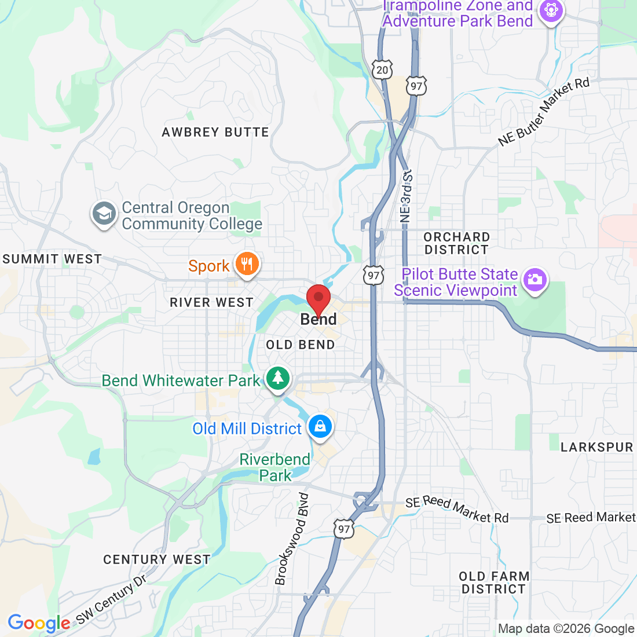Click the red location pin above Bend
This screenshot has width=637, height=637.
(318, 299)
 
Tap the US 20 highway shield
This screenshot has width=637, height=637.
(382, 70)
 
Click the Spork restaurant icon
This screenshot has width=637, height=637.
(247, 265)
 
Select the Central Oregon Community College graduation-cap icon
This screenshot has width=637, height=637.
(104, 214)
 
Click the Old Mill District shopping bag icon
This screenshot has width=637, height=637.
(320, 427)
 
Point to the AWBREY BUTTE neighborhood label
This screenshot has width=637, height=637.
(215, 133)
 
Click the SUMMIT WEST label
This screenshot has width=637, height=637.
(52, 259)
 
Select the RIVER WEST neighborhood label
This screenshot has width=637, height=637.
(211, 302)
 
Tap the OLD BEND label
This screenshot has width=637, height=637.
(300, 345)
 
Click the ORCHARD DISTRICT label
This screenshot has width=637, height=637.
(456, 243)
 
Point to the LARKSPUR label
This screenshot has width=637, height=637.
(596, 447)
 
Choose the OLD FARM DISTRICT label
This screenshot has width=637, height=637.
(493, 583)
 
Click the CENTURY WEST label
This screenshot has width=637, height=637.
(156, 559)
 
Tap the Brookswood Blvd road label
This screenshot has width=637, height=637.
(292, 539)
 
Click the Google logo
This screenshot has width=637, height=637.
(39, 623)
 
